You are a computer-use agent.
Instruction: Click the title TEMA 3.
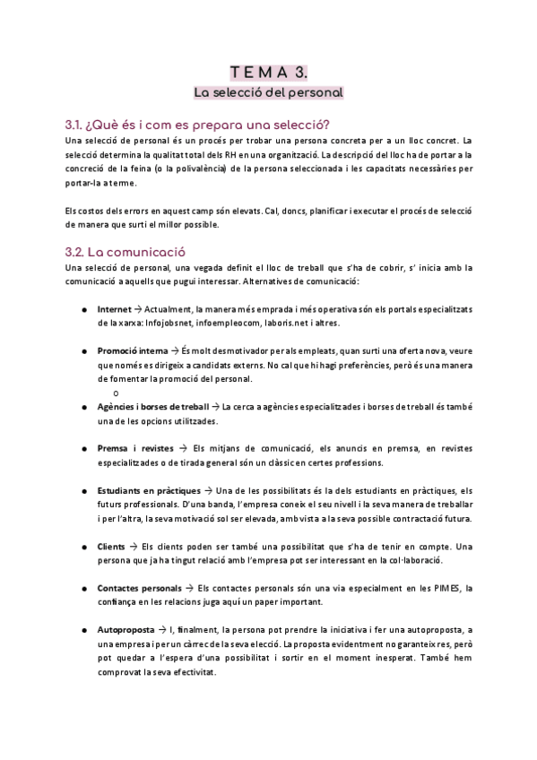pos(268,73)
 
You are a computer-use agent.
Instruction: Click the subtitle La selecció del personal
pos(268,92)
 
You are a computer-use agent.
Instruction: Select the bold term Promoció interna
pos(132,350)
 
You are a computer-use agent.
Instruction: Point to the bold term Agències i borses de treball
pos(152,407)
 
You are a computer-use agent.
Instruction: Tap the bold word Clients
pos(112,546)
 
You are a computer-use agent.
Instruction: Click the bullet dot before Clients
pos(83,547)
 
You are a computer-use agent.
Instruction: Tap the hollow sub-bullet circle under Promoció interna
pos(116,393)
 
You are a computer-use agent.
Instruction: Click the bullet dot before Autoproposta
pos(83,631)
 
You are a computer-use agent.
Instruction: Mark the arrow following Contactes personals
pos(187,588)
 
